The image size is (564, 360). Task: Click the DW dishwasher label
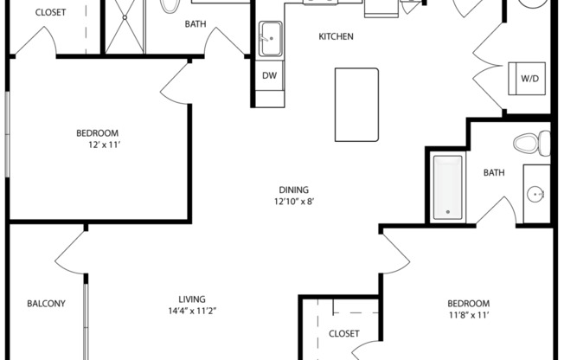[270, 76]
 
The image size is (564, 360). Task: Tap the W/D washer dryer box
[528, 79]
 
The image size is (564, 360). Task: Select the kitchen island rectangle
[356, 105]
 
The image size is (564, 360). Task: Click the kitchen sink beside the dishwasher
[270, 39]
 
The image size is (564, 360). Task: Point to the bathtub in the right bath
[447, 185]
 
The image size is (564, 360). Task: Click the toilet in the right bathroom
[531, 141]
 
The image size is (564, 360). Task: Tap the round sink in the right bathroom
[535, 193]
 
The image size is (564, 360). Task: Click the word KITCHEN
[336, 36]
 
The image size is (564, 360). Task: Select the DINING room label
[293, 190]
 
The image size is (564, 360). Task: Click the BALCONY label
[46, 304]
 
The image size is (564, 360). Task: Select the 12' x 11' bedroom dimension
[97, 145]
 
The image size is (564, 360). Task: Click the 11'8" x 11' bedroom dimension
[468, 315]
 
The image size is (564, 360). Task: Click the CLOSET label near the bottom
[343, 333]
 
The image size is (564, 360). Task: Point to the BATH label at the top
[195, 24]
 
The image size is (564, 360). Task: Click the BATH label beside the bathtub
[493, 173]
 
